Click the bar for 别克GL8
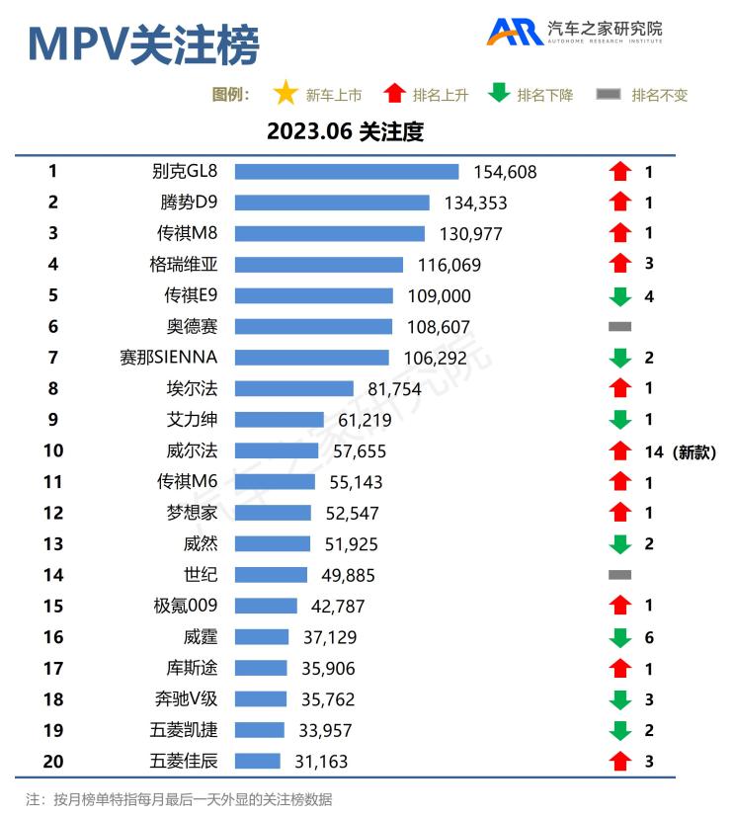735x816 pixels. click(x=346, y=172)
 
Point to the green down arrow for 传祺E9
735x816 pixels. click(x=619, y=296)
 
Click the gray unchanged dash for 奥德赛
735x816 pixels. click(x=619, y=326)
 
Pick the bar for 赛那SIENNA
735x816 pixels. click(x=311, y=358)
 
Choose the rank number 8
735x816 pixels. click(x=52, y=388)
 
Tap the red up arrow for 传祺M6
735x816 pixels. click(x=619, y=482)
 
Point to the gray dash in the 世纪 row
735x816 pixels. click(x=619, y=574)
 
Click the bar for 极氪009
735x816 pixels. click(x=265, y=606)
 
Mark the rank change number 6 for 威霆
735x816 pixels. click(x=649, y=638)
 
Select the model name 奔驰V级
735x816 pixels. click(x=185, y=699)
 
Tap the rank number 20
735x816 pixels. click(x=52, y=761)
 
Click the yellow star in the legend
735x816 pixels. click(x=286, y=94)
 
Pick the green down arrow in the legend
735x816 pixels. click(x=499, y=94)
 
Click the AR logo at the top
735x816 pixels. click(x=514, y=32)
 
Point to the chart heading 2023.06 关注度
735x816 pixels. click(x=345, y=131)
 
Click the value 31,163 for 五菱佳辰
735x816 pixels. click(x=321, y=762)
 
